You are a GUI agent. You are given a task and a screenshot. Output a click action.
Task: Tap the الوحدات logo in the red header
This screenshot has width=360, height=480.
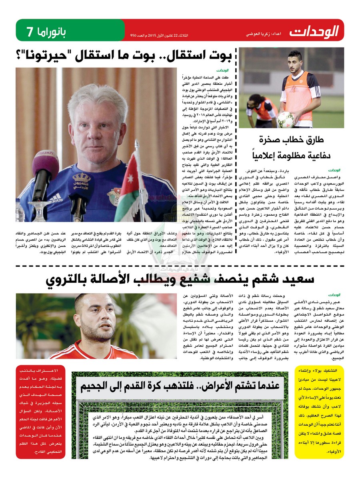tap(315, 30)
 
